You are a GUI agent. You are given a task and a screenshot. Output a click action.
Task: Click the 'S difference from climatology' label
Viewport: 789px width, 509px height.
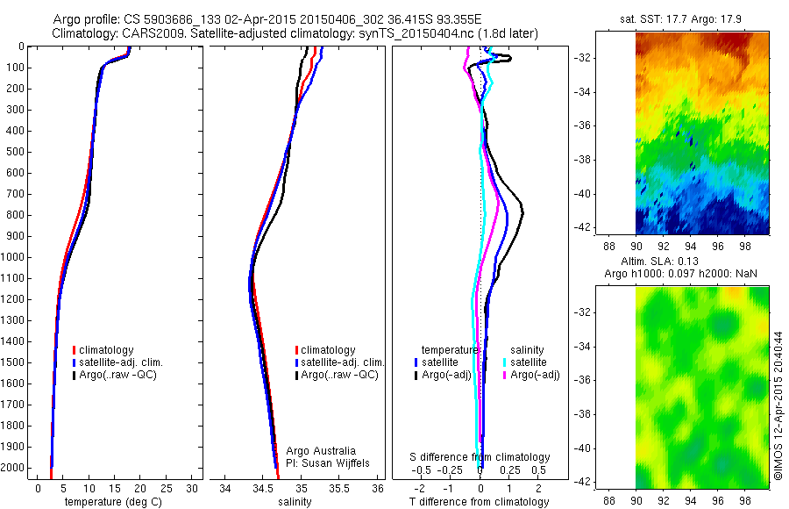pos(480,457)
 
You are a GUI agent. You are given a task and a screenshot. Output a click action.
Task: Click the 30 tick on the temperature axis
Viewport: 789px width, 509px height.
pos(192,488)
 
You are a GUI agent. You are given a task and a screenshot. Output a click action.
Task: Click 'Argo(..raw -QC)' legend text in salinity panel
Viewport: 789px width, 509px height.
pos(339,375)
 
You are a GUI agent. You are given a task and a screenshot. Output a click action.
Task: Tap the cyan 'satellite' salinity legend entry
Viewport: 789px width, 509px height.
pos(524,362)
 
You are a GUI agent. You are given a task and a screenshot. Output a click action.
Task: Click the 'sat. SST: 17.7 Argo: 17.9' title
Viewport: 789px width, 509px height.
pos(688,18)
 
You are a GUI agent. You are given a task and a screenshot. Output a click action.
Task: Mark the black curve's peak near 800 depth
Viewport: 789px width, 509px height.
pos(522,211)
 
